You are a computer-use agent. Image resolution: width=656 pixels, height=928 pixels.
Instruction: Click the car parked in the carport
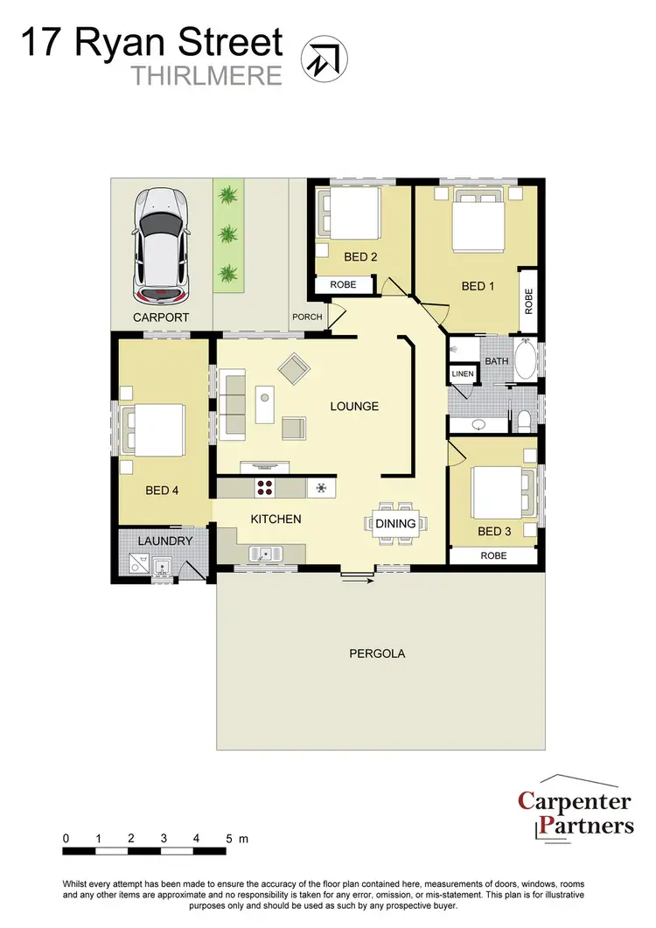click(x=160, y=244)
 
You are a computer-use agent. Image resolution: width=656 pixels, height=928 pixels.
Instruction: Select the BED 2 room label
click(x=360, y=257)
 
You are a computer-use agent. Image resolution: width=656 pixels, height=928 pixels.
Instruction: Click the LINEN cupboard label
click(x=462, y=374)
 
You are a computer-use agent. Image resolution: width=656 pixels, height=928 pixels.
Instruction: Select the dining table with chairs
click(x=395, y=523)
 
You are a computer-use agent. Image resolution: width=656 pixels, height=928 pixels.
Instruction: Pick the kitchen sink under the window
click(x=263, y=552)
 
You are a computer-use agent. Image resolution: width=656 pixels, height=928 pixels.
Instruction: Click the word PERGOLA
click(x=377, y=653)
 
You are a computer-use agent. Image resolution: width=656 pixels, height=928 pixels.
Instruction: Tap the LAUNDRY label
click(x=164, y=541)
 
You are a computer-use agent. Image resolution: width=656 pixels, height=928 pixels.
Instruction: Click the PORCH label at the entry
click(x=307, y=317)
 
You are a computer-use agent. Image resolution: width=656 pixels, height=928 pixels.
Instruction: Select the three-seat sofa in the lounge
click(x=234, y=403)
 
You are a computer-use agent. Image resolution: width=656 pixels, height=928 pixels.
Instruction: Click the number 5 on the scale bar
click(x=229, y=839)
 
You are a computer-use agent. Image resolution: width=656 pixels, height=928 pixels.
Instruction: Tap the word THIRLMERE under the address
click(x=207, y=76)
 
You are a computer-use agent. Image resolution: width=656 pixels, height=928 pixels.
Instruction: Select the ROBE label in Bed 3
click(x=493, y=555)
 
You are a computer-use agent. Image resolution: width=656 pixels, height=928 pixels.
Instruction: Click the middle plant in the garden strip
click(x=228, y=234)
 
